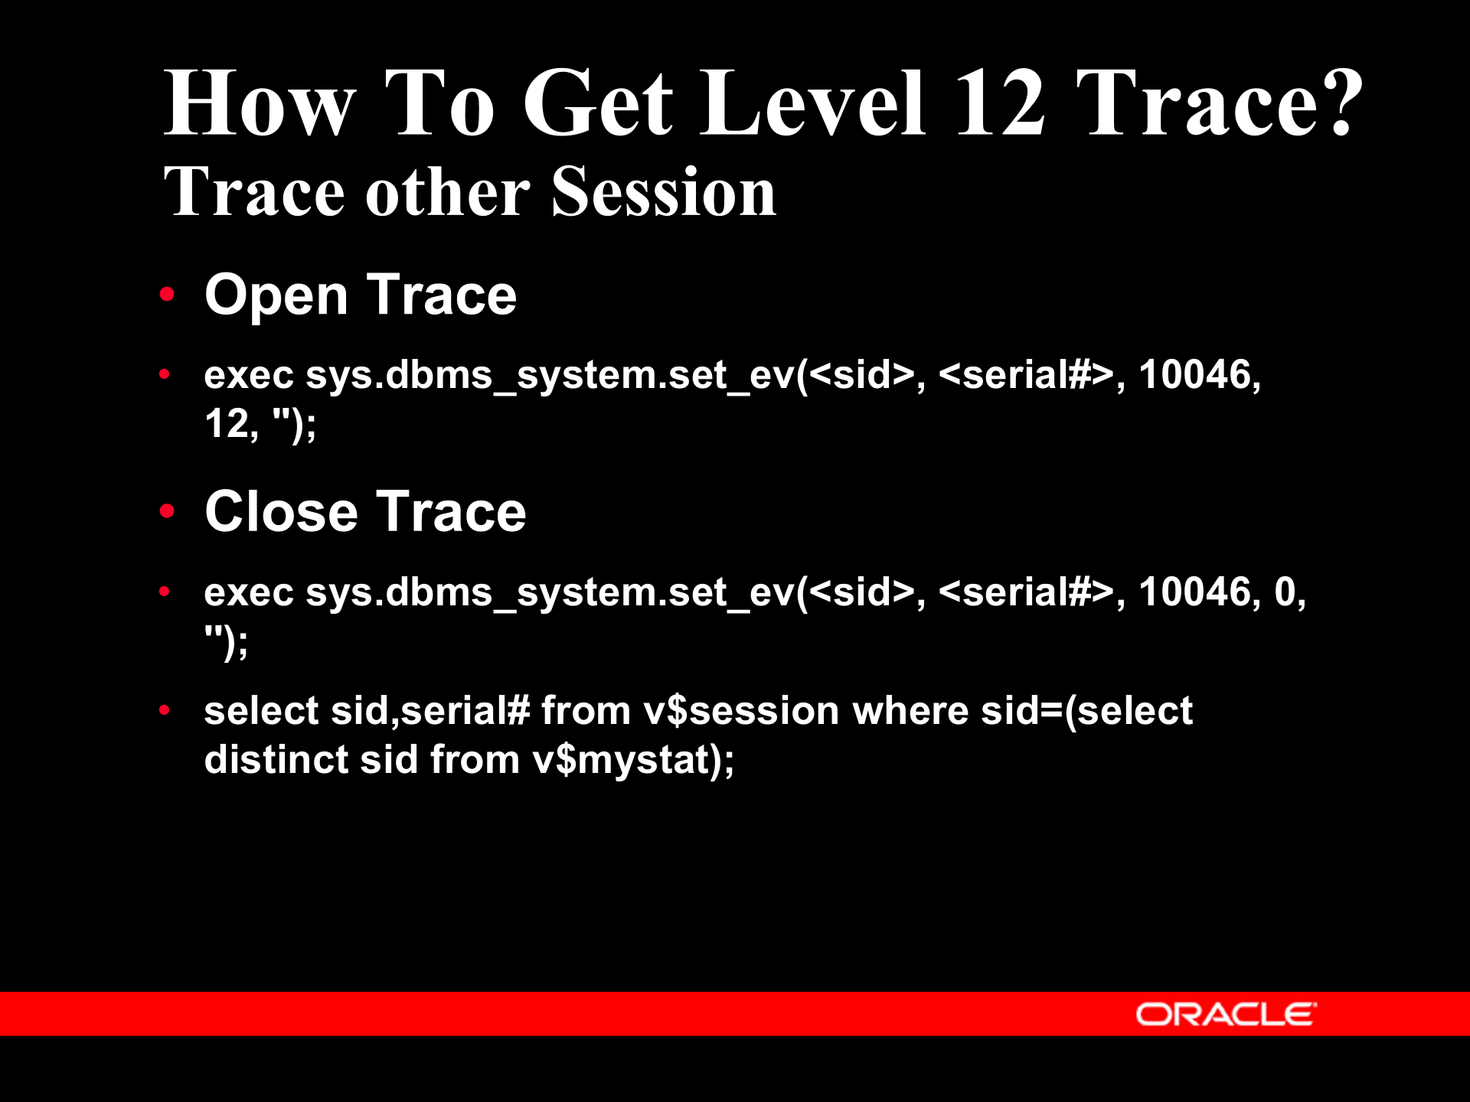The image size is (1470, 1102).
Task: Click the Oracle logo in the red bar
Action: coord(1226,1014)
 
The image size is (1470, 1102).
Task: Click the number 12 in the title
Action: coord(1000,103)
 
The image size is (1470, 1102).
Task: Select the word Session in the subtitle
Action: coord(663,193)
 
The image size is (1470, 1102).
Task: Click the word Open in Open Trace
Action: coord(276,296)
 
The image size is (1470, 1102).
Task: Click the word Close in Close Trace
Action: coord(281,512)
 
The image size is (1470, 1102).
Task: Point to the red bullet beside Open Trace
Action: coord(167,295)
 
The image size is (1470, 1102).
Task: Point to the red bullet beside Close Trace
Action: coord(167,511)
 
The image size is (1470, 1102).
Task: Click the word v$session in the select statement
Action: coord(741,711)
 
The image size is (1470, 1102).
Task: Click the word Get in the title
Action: coord(597,103)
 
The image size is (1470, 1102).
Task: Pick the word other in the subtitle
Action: coord(448,193)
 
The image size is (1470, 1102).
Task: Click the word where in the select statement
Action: coord(910,711)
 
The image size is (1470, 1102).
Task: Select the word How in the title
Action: coord(260,103)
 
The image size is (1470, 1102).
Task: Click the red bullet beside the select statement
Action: coord(164,710)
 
